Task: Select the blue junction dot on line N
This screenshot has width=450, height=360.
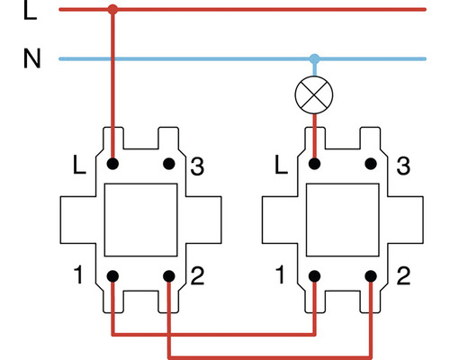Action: [314, 59]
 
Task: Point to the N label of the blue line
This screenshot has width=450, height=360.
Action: [31, 59]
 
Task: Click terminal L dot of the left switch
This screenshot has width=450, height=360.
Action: [112, 165]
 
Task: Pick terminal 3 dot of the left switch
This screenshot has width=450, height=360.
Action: [169, 165]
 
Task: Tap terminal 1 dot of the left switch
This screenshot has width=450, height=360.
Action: [112, 274]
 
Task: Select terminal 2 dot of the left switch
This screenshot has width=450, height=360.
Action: [169, 274]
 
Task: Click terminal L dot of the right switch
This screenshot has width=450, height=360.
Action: [314, 165]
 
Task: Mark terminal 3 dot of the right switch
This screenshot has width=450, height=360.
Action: [371, 165]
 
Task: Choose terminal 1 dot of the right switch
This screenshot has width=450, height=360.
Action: [314, 274]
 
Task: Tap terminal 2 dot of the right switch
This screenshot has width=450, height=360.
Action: [371, 274]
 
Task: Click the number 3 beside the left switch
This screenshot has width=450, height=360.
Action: [198, 166]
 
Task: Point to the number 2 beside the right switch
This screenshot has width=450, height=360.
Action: [402, 274]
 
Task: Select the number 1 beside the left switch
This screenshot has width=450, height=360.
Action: [82, 274]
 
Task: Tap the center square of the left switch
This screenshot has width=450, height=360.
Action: [141, 220]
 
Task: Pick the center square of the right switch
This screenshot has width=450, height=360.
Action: [343, 220]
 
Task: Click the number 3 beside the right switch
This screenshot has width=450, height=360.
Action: [402, 166]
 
